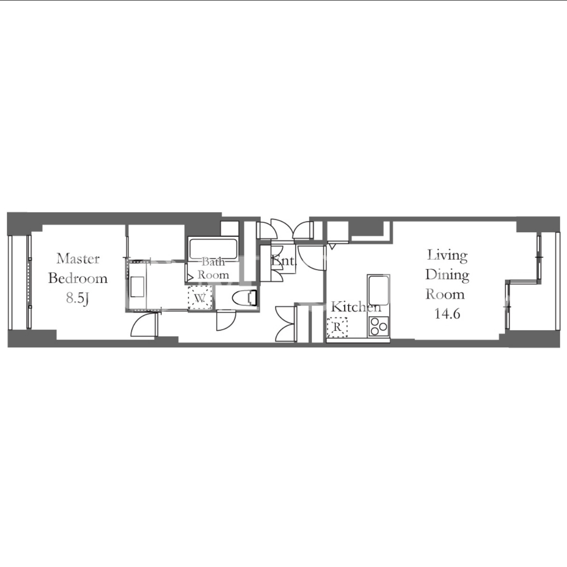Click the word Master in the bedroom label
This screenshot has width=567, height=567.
click(78, 259)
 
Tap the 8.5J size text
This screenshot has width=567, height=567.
click(78, 299)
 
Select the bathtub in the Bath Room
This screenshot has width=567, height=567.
click(213, 249)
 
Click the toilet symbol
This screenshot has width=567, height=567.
click(244, 298)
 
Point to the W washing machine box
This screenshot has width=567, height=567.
click(200, 297)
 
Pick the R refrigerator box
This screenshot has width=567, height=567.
click(337, 327)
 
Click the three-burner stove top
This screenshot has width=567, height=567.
click(379, 327)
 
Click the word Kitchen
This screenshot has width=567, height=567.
click(356, 307)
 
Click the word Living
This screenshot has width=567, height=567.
click(447, 256)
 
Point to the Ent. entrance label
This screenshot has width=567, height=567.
click(283, 261)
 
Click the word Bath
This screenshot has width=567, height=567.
click(213, 261)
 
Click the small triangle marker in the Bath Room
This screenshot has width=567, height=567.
click(190, 277)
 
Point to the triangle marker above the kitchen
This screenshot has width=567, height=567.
click(332, 246)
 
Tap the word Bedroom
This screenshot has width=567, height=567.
click(78, 278)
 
